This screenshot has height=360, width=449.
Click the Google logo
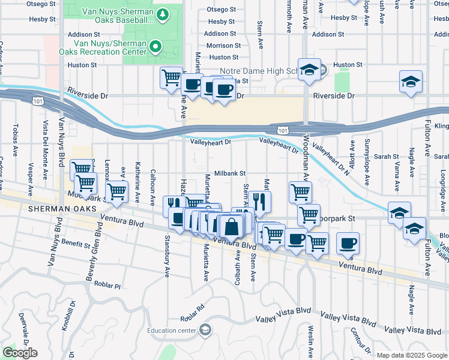pyautogui.click(x=20, y=353)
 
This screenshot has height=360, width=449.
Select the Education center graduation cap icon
pyautogui.click(x=205, y=329)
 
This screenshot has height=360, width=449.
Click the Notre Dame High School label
pyautogui.click(x=258, y=71)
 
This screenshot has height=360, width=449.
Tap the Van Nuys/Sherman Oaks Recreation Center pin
pyautogui.click(x=155, y=46)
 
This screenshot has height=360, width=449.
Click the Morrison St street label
pyautogui.click(x=223, y=46)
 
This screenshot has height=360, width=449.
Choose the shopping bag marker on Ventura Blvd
pyautogui.click(x=231, y=228)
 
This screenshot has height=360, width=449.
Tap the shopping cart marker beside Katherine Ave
pyautogui.click(x=117, y=192)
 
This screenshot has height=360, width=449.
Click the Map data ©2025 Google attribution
pyautogui.click(x=412, y=355)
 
